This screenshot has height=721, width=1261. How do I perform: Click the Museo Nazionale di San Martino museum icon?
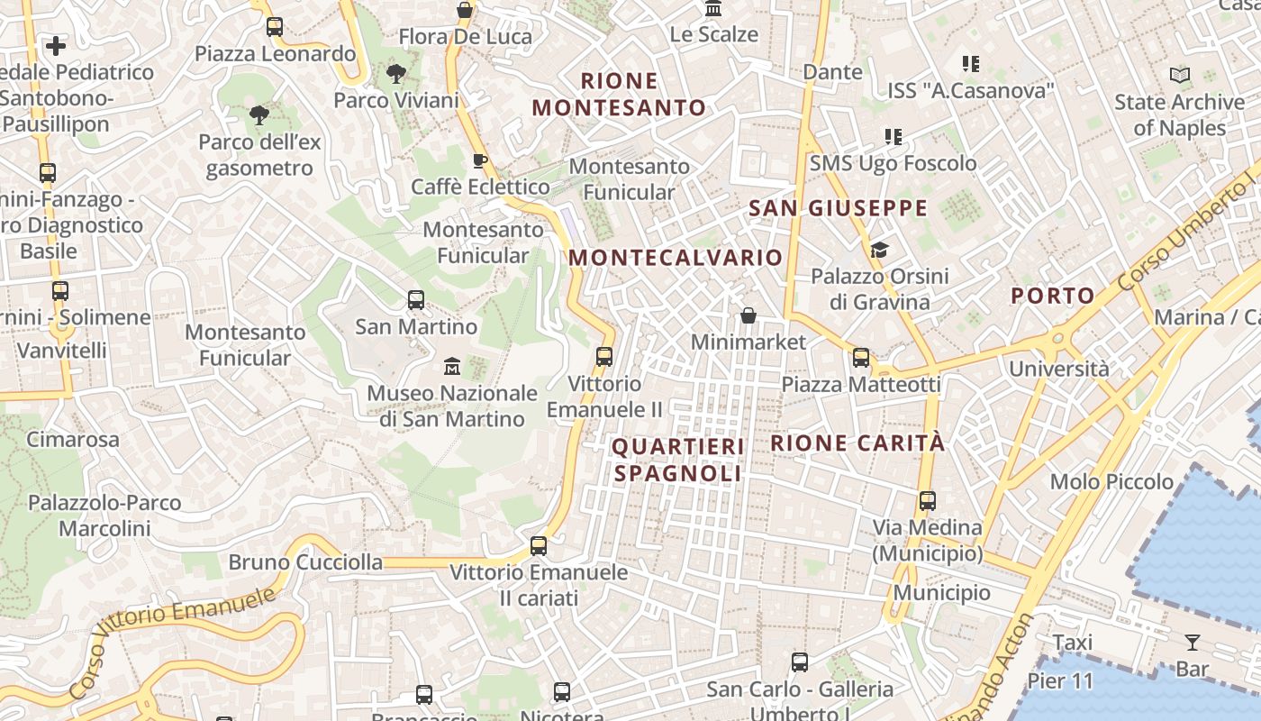pyautogui.click(x=452, y=366)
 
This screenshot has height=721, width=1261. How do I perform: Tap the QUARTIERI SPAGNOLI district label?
pyautogui.click(x=678, y=460)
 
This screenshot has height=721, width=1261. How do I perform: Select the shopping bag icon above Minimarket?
pyautogui.click(x=748, y=315)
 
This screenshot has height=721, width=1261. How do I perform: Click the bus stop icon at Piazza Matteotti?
pyautogui.click(x=861, y=358)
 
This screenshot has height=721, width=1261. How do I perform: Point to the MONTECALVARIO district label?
pyautogui.click(x=676, y=258)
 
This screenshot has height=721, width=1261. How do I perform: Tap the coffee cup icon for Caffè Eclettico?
pyautogui.click(x=479, y=160)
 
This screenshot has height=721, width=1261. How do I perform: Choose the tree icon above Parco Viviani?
pyautogui.click(x=395, y=74)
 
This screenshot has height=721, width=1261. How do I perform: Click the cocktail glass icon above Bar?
pyautogui.click(x=1193, y=643)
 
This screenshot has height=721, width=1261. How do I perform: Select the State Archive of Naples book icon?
pyautogui.click(x=1179, y=76)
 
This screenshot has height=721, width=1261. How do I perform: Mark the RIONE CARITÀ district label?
pyautogui.click(x=858, y=443)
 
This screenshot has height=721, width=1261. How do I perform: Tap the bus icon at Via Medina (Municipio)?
pyautogui.click(x=928, y=501)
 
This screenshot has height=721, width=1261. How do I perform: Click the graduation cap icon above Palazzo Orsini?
pyautogui.click(x=879, y=250)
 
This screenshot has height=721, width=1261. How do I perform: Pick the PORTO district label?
pyautogui.click(x=1053, y=296)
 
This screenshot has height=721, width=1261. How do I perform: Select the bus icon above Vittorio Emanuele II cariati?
pyautogui.click(x=539, y=545)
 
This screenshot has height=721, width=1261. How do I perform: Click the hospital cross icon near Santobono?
pyautogui.click(x=56, y=45)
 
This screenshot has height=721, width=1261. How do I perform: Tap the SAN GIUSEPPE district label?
pyautogui.click(x=838, y=209)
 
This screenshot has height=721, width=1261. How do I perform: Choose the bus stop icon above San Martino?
pyautogui.click(x=416, y=299)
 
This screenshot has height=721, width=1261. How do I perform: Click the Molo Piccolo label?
pyautogui.click(x=1111, y=481)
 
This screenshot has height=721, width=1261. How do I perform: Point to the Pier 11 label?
pyautogui.click(x=1060, y=680)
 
